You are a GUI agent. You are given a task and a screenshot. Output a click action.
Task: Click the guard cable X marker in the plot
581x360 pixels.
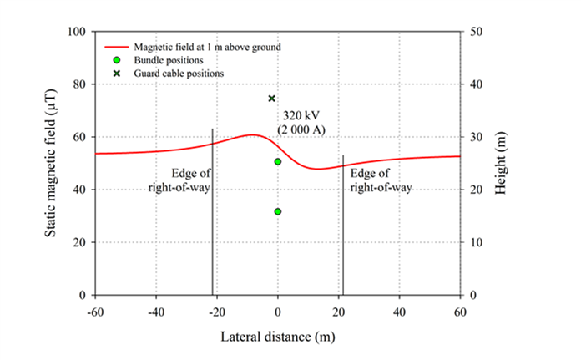(x=271, y=99)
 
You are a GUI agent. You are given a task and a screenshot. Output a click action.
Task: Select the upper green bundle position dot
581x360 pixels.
(x=278, y=161)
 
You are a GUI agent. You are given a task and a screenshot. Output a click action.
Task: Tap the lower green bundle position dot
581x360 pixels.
(x=278, y=211)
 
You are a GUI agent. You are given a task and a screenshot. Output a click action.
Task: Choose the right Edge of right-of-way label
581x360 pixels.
(x=381, y=180)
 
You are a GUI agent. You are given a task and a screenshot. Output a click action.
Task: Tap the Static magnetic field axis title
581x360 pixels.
(x=52, y=163)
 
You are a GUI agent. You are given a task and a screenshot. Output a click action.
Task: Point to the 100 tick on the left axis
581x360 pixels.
(x=80, y=32)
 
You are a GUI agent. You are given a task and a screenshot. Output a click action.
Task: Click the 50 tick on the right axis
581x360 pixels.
(x=474, y=32)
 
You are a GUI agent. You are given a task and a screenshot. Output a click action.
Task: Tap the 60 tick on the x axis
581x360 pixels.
(x=460, y=311)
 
